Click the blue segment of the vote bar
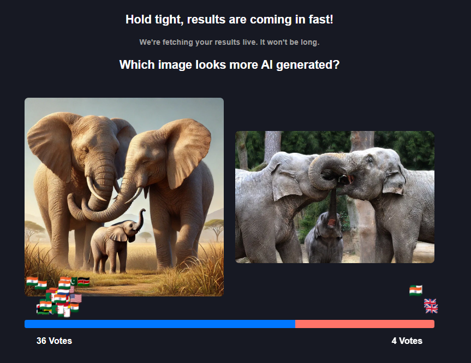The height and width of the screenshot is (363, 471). [160, 324]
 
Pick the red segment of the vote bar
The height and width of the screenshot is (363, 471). [365, 324]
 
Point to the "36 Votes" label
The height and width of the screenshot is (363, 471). [55, 341]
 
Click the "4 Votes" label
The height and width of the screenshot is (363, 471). [407, 341]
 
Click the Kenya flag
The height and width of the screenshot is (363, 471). [84, 282]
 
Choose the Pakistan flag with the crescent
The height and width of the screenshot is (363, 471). [74, 281]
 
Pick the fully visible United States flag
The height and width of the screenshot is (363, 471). [76, 299]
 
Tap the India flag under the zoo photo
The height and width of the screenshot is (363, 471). [416, 290]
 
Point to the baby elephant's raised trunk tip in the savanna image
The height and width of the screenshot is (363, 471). [143, 210]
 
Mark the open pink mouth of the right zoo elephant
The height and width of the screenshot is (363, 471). [349, 180]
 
